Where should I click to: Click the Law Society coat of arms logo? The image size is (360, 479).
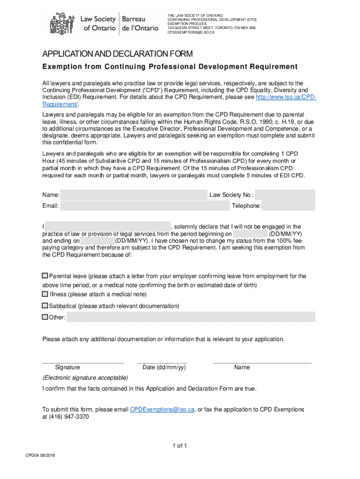click(61, 22)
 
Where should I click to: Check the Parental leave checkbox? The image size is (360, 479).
click(45, 276)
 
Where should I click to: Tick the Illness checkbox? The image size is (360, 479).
click(45, 294)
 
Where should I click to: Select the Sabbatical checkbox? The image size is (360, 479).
click(45, 306)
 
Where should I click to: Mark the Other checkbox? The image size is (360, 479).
click(45, 317)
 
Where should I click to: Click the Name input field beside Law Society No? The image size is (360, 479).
click(134, 195)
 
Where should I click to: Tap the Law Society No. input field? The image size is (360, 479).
click(285, 195)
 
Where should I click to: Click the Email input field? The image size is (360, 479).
click(145, 206)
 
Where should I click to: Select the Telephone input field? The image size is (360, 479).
click(289, 206)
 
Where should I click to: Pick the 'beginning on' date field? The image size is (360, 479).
click(250, 234)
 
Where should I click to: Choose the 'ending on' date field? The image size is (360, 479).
click(98, 241)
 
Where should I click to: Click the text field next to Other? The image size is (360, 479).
click(191, 318)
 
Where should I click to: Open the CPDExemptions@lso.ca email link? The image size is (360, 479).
click(162, 409)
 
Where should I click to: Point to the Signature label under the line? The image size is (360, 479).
click(67, 367)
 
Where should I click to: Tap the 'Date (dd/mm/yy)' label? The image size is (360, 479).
click(164, 367)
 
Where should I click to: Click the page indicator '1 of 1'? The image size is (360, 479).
click(180, 446)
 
